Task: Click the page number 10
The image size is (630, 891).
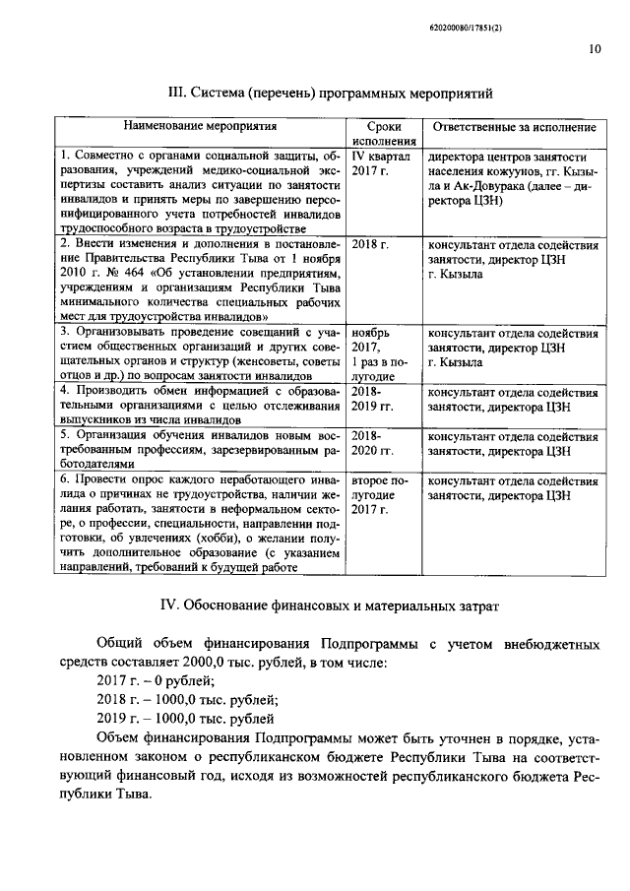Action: tap(595, 46)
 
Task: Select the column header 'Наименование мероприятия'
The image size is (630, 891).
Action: tap(199, 127)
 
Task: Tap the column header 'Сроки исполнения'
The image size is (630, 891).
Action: tap(384, 134)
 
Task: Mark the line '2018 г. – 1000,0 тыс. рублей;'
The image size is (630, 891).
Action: tap(187, 700)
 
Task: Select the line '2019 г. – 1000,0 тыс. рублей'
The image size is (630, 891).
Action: tap(185, 719)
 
